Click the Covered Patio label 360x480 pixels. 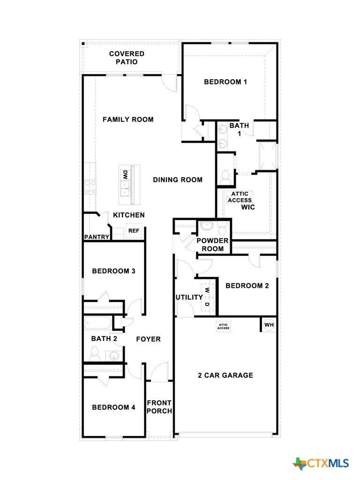coord(127,58)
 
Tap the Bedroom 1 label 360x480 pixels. coord(225,82)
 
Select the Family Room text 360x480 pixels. coord(128,120)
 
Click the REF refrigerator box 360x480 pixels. coord(134,231)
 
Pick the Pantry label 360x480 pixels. coord(97,237)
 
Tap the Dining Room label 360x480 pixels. coord(178,180)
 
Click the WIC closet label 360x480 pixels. coord(248,207)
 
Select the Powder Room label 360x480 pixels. coord(212,244)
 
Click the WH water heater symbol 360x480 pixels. coord(269,324)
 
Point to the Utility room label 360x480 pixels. coord(189,297)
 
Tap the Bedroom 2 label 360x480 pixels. coord(247,286)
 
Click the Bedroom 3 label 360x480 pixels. coord(113,271)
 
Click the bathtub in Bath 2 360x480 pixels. coord(98,323)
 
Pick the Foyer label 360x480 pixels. coord(148,339)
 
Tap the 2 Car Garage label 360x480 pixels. coord(225,375)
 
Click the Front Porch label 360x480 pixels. coord(159,407)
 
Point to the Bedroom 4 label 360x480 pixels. coord(113,407)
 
